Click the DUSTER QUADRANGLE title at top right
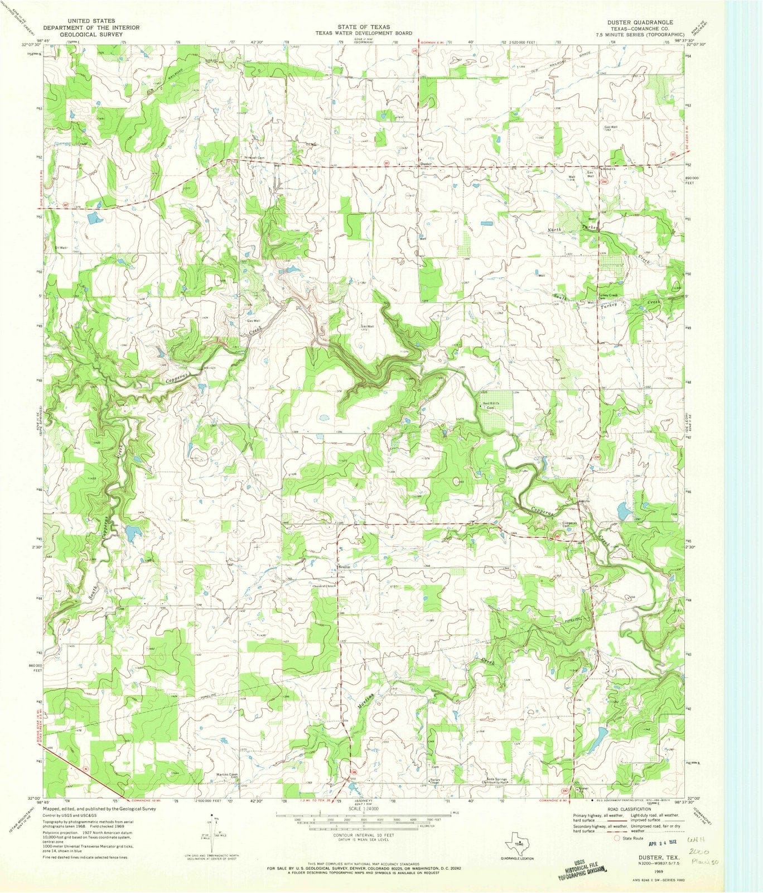coord(644,22)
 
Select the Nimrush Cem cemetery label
coord(254,158)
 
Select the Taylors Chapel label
coord(436,781)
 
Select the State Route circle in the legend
coord(617,838)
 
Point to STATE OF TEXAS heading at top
coord(363,27)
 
